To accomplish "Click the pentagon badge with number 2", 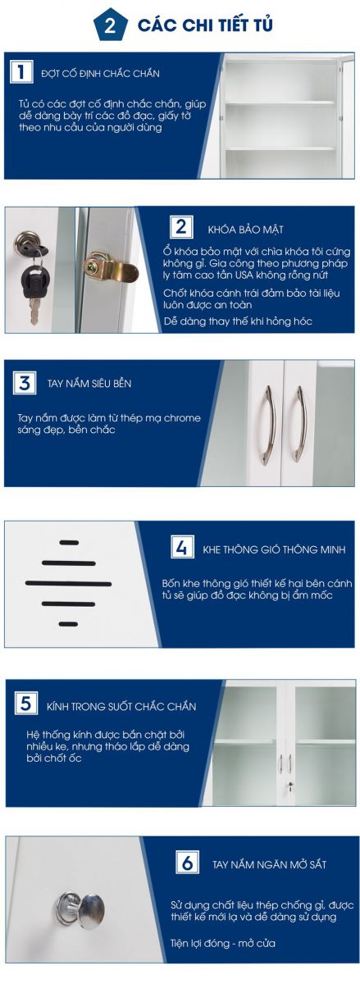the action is point(111,25).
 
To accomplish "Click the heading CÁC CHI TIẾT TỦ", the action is point(205,25).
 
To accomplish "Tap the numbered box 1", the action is point(21,71).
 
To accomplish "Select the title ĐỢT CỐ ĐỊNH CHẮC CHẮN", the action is point(100,73).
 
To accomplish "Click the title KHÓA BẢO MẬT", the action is point(245,230).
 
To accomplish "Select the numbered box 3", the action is point(25,382).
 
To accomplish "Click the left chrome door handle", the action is point(267,425).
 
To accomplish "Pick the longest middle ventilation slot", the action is point(69,583).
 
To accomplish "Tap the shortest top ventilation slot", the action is point(69,543).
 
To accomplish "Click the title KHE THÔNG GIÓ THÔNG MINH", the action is point(274,549).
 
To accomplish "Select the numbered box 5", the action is point(26,703).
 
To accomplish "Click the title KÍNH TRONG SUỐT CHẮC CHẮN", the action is point(121,706).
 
